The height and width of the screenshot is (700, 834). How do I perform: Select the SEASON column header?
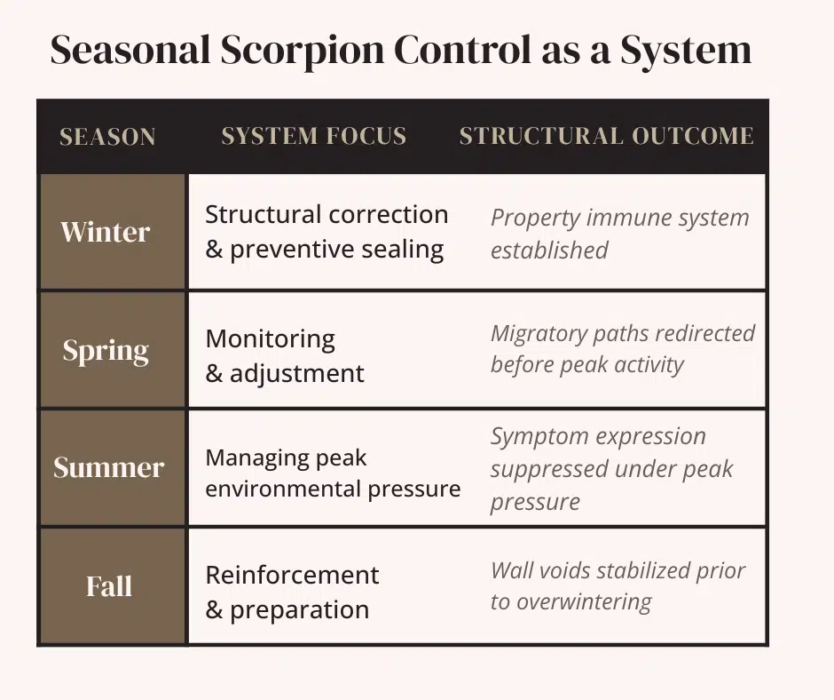click(x=107, y=137)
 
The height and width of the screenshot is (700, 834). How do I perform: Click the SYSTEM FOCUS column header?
click(x=313, y=136)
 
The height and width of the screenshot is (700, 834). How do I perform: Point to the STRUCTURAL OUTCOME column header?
click(x=606, y=136)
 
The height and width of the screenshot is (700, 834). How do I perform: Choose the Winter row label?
click(x=105, y=232)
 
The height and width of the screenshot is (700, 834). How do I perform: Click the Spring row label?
click(x=106, y=350)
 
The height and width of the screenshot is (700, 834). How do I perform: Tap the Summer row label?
click(x=108, y=468)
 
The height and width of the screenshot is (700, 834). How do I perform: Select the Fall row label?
click(x=108, y=586)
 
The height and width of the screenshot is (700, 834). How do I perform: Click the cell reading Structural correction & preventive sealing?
click(x=326, y=232)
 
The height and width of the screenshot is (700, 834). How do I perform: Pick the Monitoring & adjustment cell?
click(x=285, y=355)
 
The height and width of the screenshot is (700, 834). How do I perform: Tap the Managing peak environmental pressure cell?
click(x=333, y=473)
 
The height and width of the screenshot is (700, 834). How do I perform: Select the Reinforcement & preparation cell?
click(x=292, y=593)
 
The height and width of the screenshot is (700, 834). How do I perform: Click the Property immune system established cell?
click(x=619, y=234)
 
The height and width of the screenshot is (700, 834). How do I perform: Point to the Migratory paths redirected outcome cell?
click(x=622, y=349)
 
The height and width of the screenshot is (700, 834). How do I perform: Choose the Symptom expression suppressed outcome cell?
click(x=612, y=469)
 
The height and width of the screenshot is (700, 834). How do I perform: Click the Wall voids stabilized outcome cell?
click(x=618, y=586)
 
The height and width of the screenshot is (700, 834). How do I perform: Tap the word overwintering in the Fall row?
click(x=583, y=602)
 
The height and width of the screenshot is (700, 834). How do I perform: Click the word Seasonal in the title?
click(x=128, y=51)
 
